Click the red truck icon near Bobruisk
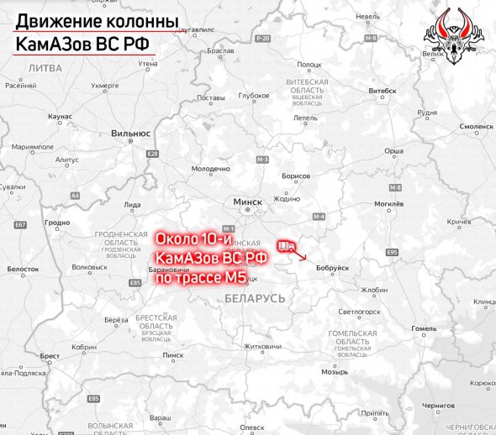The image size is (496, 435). tap(287, 245)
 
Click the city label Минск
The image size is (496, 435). tap(247, 202)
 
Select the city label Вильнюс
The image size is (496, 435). tap(130, 133)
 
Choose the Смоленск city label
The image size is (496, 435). tap(475, 127)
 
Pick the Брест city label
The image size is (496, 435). tap(50, 356)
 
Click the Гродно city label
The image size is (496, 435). tap(57, 223)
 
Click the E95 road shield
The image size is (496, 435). tap(392, 252)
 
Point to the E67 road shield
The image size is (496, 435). tap(20, 225)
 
